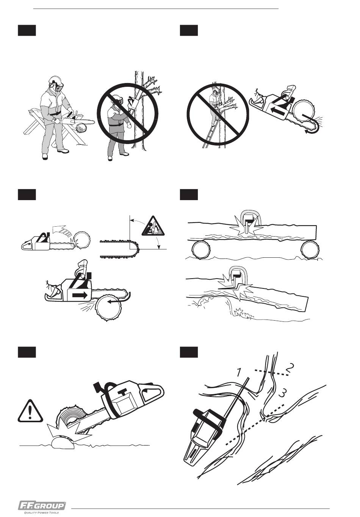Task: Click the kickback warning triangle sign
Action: point(153,226)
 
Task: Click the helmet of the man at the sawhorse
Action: point(56,80)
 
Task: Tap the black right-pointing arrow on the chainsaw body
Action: point(80,295)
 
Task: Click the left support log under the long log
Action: point(201,250)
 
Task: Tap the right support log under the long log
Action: point(310,250)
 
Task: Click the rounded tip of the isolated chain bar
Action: point(137,249)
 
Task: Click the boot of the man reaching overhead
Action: point(110,158)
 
